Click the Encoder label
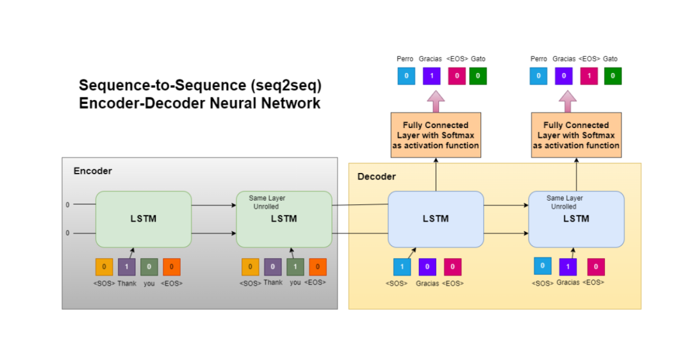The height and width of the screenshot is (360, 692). tap(92, 171)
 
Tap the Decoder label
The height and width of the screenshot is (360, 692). tap(376, 176)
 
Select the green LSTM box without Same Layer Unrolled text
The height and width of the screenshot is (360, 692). tap(144, 219)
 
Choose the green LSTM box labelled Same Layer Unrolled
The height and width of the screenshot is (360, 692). tap(284, 219)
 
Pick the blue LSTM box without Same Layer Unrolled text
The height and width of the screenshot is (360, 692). tap(436, 219)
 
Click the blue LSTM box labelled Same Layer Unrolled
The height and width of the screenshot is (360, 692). tap(576, 219)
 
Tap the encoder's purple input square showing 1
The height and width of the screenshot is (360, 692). tap(127, 266)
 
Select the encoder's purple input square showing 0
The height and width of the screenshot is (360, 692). tap(272, 266)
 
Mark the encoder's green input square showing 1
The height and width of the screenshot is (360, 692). tap(295, 266)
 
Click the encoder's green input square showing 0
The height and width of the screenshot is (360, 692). tap(149, 266)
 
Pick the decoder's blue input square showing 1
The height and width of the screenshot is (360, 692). tap(402, 266)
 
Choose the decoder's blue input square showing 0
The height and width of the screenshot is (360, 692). tap(542, 266)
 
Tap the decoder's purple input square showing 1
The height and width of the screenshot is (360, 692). tap(568, 266)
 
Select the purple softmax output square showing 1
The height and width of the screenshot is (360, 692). tap(431, 76)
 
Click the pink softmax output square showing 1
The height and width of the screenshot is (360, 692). tap(589, 76)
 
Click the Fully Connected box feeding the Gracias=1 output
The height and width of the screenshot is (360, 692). tap(436, 135)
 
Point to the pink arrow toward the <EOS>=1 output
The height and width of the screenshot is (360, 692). tap(568, 101)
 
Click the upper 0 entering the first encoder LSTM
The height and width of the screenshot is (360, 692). tap(67, 205)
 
